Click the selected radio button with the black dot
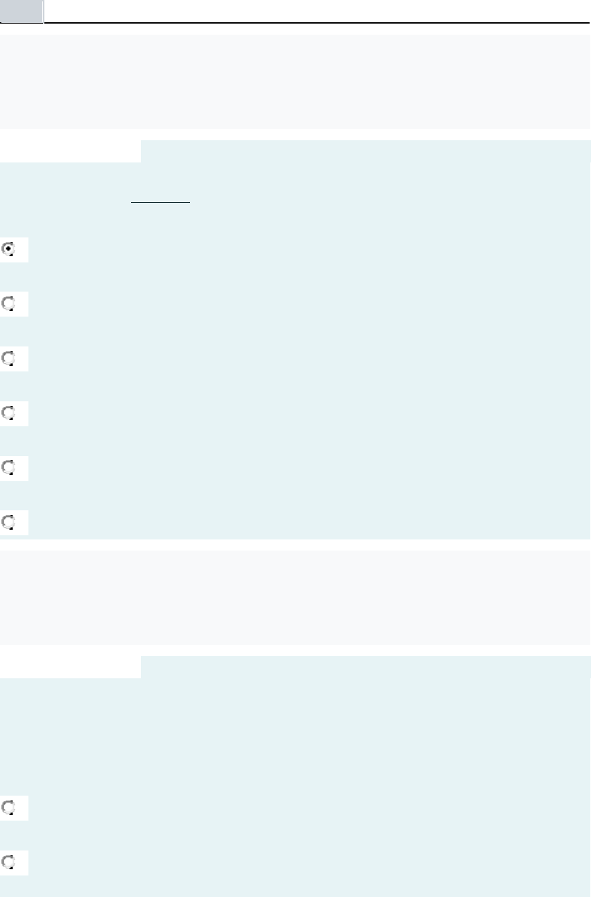[x=9, y=249]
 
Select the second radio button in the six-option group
[x=9, y=303]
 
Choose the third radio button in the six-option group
[x=9, y=358]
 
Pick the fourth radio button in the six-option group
[x=9, y=413]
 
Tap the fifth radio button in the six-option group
[x=9, y=468]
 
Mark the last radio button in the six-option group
[x=9, y=522]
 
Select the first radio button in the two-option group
[x=9, y=807]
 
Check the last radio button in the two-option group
[x=9, y=862]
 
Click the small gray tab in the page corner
[x=22, y=11]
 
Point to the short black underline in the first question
[x=160, y=202]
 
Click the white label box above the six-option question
[x=69, y=151]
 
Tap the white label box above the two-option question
[x=69, y=667]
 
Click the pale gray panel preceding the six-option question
[x=295, y=82]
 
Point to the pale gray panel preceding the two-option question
[x=295, y=598]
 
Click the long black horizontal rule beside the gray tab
[x=316, y=23]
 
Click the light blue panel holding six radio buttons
[x=312, y=347]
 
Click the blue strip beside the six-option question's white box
[x=365, y=151]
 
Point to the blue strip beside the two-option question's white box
[x=365, y=667]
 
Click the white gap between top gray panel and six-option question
[x=295, y=135]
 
